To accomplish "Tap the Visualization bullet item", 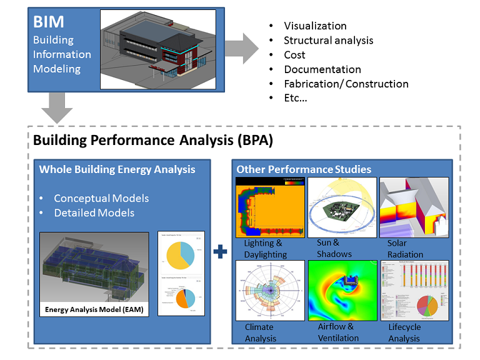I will [315, 26].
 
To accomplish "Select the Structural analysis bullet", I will [328, 41].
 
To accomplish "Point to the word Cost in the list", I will [294, 55].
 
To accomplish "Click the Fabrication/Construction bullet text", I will [346, 84].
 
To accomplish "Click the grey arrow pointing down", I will [57, 107].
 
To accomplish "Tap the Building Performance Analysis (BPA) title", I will [153, 141].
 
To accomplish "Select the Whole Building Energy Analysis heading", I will [117, 169].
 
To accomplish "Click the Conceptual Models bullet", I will [101, 198].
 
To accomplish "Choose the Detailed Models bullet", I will [94, 212].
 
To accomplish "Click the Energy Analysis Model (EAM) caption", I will [94, 309].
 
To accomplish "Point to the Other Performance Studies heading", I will [304, 169].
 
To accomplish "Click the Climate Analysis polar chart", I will [269, 291].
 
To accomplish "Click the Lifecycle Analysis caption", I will [404, 332].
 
